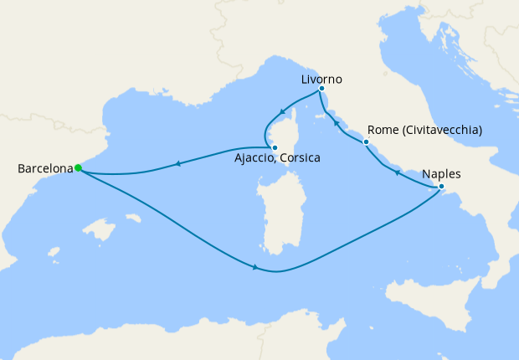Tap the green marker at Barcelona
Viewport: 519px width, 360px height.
coord(78,167)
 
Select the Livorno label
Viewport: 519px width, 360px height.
coord(321,80)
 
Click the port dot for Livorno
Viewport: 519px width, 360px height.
coord(321,88)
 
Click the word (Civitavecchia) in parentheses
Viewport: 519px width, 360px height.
coord(442,131)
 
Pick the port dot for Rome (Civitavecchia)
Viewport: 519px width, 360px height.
coord(366,142)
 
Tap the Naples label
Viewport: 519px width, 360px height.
coord(441,175)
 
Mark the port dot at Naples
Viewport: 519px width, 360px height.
coord(441,186)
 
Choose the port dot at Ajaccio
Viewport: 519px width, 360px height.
coord(275,147)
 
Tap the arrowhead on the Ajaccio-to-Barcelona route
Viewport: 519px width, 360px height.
coord(177,164)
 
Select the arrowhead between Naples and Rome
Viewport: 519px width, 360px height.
coord(397,172)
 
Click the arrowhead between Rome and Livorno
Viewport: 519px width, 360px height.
coord(337,124)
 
